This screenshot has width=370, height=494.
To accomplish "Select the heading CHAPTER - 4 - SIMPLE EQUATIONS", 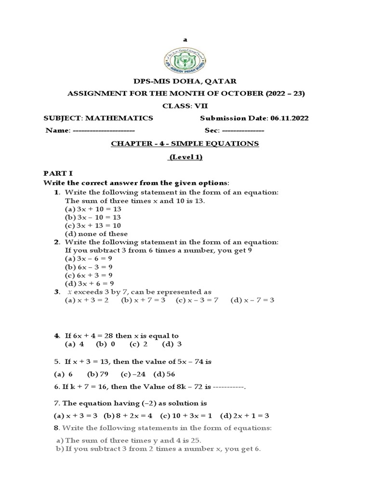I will click(x=185, y=143).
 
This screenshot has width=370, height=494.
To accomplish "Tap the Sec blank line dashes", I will click(x=243, y=131).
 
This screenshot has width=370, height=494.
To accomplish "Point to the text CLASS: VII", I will click(x=185, y=106).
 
